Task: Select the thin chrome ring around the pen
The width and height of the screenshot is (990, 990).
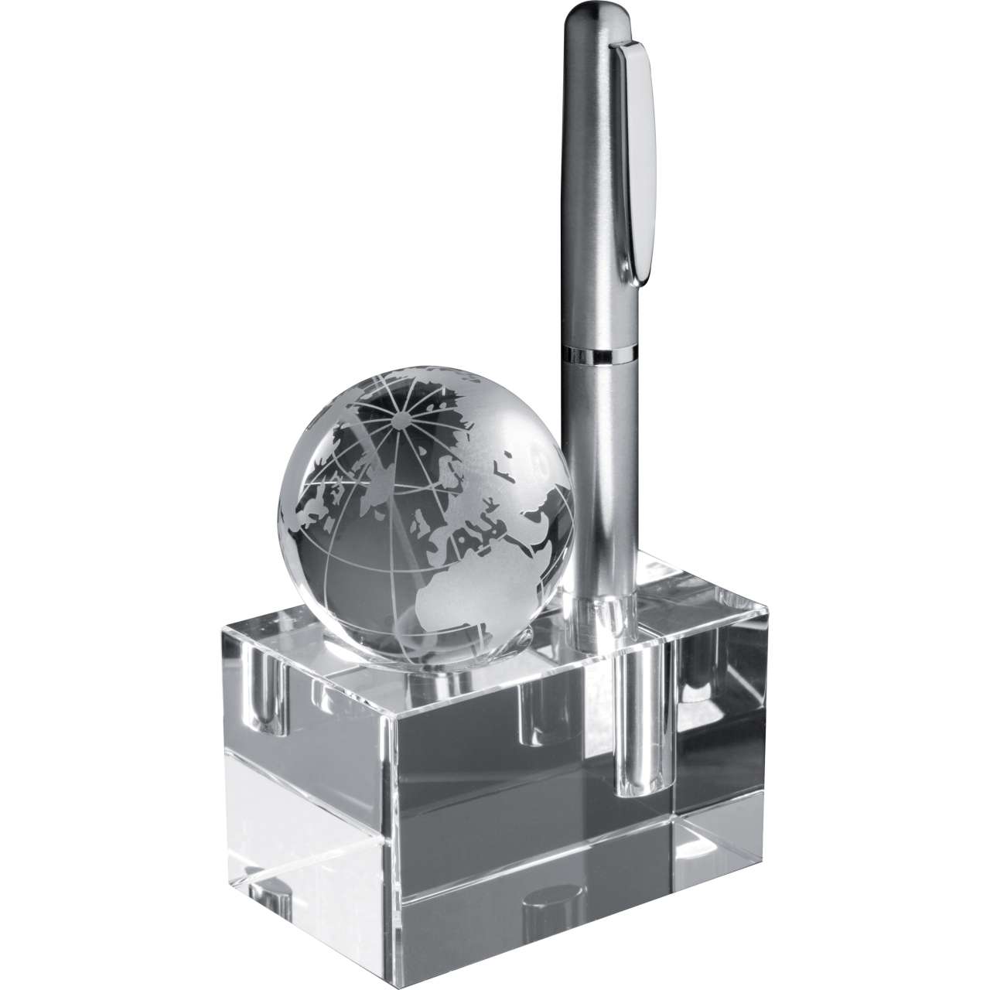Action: click(596, 355)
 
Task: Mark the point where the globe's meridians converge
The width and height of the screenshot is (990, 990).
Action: click(401, 420)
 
